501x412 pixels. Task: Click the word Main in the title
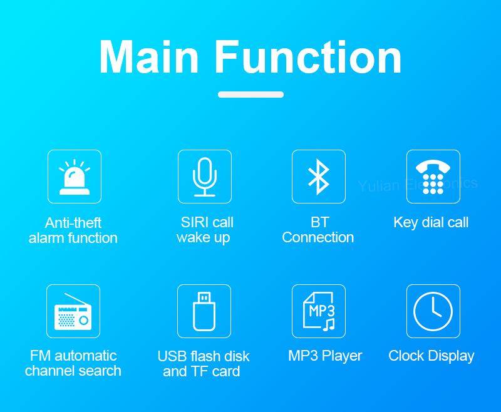[x=149, y=58]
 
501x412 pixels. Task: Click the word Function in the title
[x=308, y=58]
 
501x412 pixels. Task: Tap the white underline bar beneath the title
[x=250, y=95]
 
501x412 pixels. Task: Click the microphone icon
[x=205, y=177]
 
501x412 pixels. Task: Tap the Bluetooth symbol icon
[x=319, y=177]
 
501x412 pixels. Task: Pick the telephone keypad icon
[x=433, y=177]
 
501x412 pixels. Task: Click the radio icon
[x=73, y=311]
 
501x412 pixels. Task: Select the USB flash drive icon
[x=204, y=311]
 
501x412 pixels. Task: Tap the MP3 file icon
[x=319, y=311]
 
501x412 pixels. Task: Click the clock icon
[x=433, y=311]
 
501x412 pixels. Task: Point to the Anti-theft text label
[x=73, y=223]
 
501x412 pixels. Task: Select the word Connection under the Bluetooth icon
[x=318, y=237]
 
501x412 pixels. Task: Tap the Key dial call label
[x=431, y=223]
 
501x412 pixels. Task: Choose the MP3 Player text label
[x=325, y=356]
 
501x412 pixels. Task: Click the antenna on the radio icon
[x=76, y=299]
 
